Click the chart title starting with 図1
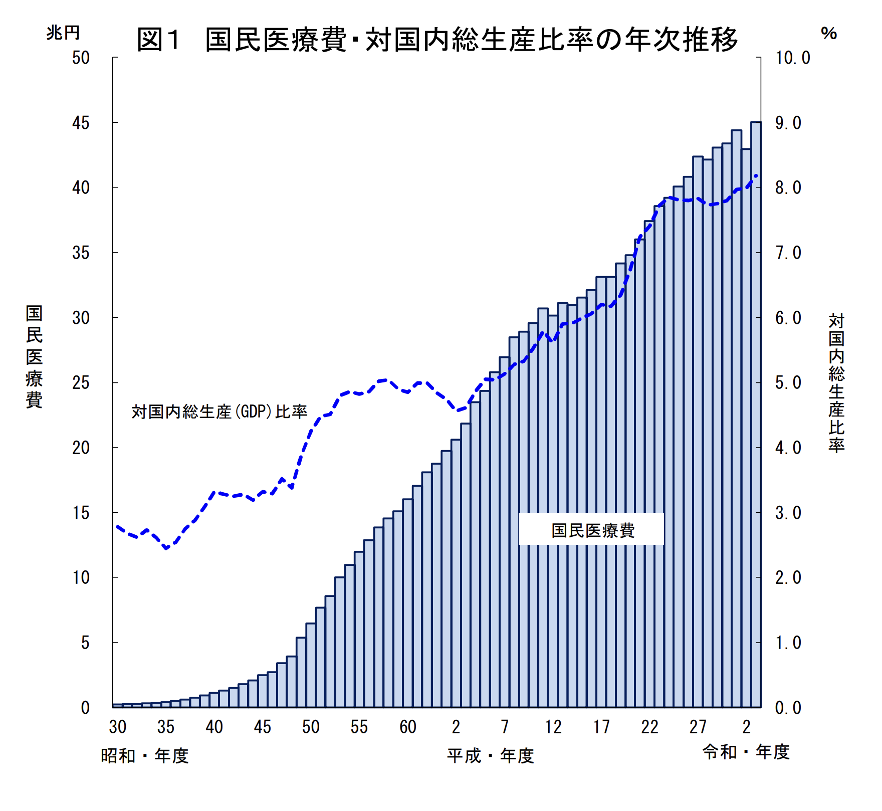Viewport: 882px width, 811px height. click(x=437, y=40)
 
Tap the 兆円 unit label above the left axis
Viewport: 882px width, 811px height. click(x=63, y=33)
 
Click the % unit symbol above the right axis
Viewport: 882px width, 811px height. click(x=829, y=34)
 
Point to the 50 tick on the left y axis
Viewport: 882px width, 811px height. click(x=81, y=58)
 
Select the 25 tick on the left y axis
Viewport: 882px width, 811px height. click(x=81, y=383)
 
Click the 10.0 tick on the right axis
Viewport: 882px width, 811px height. click(x=793, y=58)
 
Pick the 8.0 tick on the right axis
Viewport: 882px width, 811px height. click(x=788, y=188)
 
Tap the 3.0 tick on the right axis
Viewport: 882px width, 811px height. click(x=788, y=513)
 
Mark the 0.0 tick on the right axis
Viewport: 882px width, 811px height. click(x=788, y=708)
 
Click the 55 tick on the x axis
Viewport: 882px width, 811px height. click(x=359, y=727)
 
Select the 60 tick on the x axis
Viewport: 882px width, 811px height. click(x=407, y=727)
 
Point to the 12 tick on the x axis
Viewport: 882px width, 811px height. click(x=553, y=727)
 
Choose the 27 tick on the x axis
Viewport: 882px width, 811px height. click(x=698, y=727)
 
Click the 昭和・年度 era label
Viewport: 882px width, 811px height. click(x=144, y=755)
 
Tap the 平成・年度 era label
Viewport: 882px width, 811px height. click(x=490, y=755)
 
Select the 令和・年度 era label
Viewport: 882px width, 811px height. click(x=746, y=752)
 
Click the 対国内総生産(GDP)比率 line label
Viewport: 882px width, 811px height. click(x=219, y=412)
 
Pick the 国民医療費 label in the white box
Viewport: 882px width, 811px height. click(x=593, y=530)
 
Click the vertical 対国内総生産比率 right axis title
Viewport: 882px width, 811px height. click(x=836, y=383)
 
